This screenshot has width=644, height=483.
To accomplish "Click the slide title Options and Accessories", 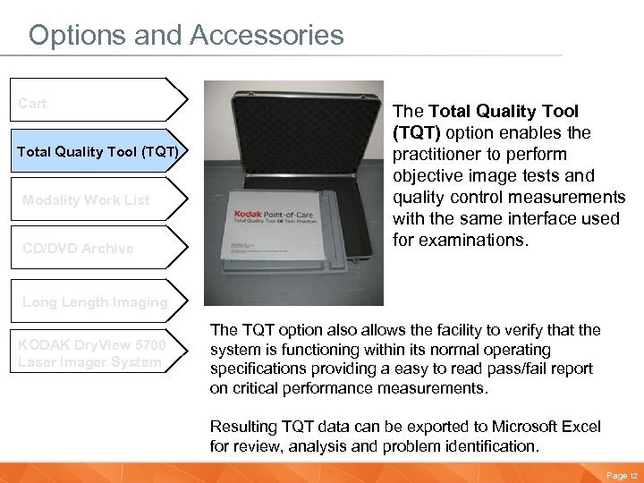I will [x=186, y=35].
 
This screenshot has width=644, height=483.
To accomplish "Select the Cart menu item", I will [x=33, y=104].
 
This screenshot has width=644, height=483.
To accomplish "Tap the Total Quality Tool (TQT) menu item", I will [x=98, y=151].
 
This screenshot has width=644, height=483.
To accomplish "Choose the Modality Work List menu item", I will [x=86, y=200].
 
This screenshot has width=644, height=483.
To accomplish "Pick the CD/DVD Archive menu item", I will [x=78, y=249].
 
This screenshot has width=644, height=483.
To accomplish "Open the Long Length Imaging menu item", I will [x=95, y=302].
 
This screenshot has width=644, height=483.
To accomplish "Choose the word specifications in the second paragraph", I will [x=256, y=369].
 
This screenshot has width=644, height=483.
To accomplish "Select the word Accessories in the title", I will [x=266, y=35].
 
